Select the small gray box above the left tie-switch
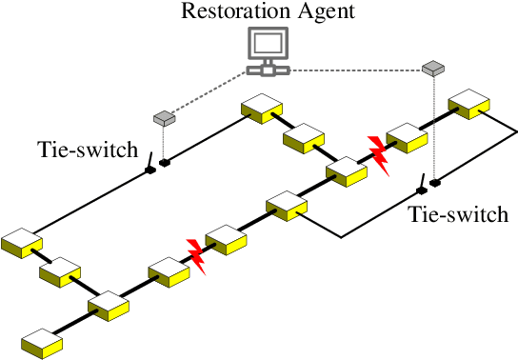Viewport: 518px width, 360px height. point(164,118)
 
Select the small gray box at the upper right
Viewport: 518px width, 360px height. point(433,68)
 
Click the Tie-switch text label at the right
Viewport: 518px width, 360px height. point(458,213)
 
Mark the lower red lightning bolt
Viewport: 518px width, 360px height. point(196,255)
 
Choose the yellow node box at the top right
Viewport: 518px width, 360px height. point(469,102)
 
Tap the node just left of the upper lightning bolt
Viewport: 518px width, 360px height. point(346,172)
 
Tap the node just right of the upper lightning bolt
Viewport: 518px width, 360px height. point(408,137)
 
